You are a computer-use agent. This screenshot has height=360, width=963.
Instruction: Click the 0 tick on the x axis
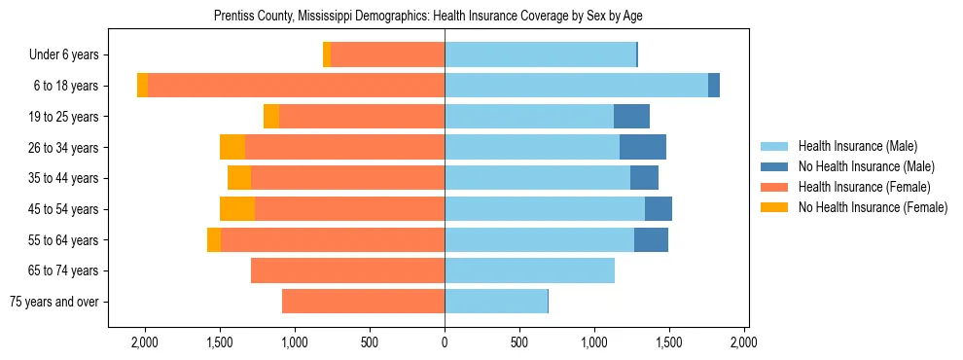click(x=445, y=342)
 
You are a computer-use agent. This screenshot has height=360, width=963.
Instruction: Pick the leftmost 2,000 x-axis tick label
click(x=145, y=342)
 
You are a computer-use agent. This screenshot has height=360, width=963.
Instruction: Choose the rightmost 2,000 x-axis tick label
click(x=744, y=342)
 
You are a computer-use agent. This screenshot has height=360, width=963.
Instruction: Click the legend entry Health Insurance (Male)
click(x=857, y=146)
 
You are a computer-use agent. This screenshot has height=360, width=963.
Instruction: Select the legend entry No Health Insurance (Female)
click(x=873, y=207)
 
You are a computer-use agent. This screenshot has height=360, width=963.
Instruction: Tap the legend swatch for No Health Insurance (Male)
click(x=775, y=166)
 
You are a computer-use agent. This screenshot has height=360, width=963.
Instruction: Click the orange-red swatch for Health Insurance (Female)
click(x=775, y=187)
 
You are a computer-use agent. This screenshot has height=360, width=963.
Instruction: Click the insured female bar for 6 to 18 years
click(x=296, y=86)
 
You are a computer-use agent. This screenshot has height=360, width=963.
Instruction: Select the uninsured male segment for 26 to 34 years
click(x=643, y=147)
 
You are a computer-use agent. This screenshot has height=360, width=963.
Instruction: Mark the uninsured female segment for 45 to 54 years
click(x=237, y=209)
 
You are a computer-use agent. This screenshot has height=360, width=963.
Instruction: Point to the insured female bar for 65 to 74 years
click(x=347, y=270)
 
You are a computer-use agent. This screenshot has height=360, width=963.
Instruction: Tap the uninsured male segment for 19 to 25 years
click(x=631, y=117)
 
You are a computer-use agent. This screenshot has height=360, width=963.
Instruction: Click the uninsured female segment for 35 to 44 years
click(x=239, y=178)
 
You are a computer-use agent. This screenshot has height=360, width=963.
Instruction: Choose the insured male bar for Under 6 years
click(x=540, y=55)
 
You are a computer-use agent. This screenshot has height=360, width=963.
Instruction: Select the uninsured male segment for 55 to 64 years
click(x=651, y=239)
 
